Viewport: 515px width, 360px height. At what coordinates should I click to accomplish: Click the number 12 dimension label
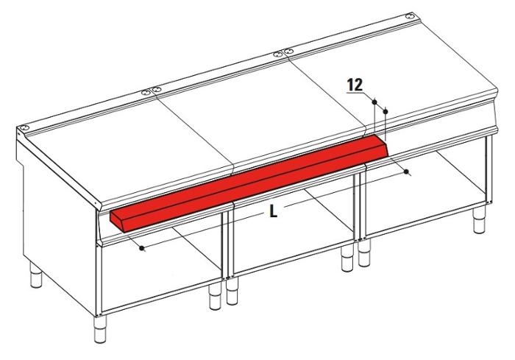tap(355, 85)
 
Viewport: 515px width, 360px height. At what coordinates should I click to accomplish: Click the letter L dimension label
tap(273, 211)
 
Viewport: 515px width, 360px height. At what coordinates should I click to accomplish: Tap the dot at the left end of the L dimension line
tap(142, 248)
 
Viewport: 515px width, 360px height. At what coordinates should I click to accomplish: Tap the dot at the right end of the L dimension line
tap(407, 172)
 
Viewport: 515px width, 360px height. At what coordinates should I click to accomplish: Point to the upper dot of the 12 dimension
tap(374, 102)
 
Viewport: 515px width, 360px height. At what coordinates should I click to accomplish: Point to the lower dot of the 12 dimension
tap(386, 112)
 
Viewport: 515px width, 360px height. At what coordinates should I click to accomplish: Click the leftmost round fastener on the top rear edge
tap(23, 127)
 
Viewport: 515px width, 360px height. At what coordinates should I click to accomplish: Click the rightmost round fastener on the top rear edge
tap(409, 15)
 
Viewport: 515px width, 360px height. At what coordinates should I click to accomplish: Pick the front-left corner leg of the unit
tap(99, 329)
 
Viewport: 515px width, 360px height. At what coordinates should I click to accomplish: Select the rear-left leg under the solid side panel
tap(36, 275)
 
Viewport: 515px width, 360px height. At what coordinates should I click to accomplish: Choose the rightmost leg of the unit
tap(479, 220)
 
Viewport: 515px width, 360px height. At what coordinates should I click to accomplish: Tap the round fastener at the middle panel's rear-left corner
tap(156, 89)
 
